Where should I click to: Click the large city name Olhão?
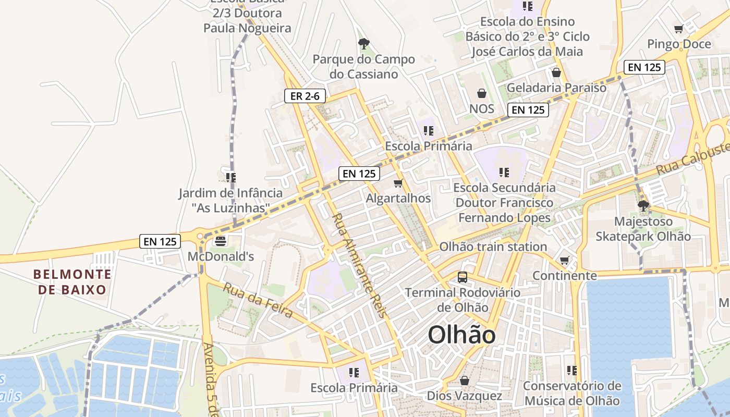click(x=461, y=335)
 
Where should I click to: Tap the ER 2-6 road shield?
click(x=305, y=96)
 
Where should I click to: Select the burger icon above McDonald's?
click(x=221, y=241)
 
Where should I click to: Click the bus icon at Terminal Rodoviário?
click(x=463, y=277)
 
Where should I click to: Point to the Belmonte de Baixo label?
click(x=72, y=281)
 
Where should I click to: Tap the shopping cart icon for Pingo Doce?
click(x=678, y=29)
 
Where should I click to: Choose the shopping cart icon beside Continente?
click(x=564, y=261)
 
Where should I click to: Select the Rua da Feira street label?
click(x=258, y=300)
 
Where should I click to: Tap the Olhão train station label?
click(x=493, y=247)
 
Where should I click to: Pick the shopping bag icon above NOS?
click(x=481, y=94)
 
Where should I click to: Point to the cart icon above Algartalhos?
click(x=398, y=183)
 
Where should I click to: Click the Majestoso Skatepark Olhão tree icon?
click(x=643, y=206)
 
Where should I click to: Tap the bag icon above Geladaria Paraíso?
click(x=556, y=72)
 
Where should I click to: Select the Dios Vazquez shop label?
click(x=464, y=396)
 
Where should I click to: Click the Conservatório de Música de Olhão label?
click(x=572, y=393)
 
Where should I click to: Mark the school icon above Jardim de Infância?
click(x=230, y=178)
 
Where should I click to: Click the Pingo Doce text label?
click(x=679, y=44)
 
